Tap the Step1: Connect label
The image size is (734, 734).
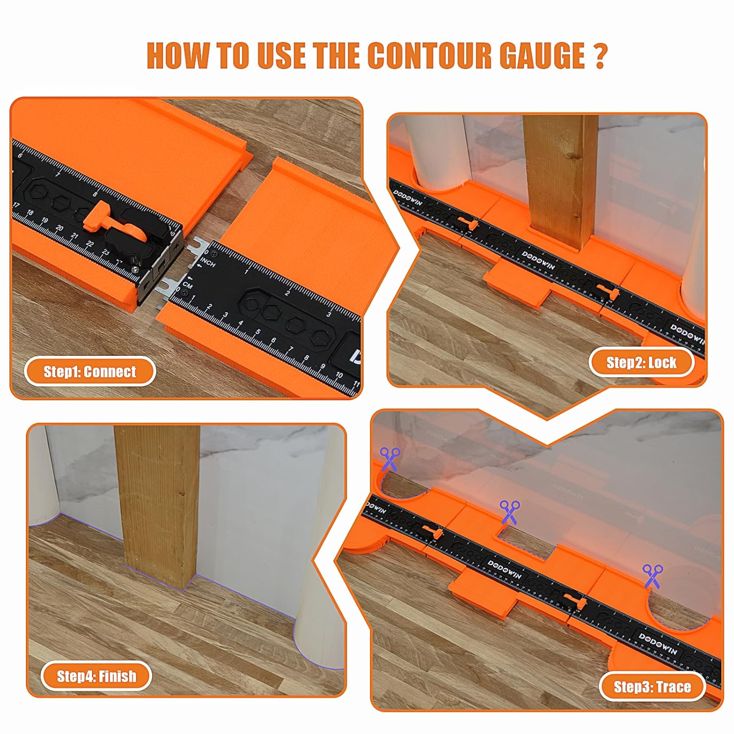coord(90,372)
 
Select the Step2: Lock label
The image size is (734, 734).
coord(641,363)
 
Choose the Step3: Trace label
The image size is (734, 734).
coord(652,687)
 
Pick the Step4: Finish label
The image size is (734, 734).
coord(96,676)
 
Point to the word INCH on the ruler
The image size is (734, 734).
coord(208,263)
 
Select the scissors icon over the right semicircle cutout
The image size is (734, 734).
coord(653,575)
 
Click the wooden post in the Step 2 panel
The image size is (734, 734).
coord(560,181)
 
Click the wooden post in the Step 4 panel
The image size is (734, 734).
coord(158,504)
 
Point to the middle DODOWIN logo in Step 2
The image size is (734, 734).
coord(538,260)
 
